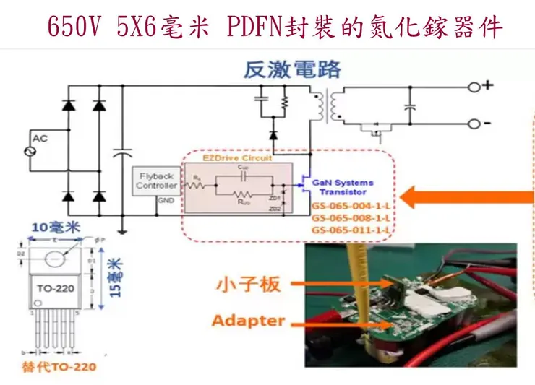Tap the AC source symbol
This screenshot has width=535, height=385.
point(32,151)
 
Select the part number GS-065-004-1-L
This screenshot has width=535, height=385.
point(351,205)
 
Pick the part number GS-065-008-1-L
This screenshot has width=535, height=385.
point(351,217)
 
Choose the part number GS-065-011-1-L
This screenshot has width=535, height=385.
point(351,230)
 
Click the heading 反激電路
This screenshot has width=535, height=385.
point(292,70)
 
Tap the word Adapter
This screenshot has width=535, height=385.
point(248,319)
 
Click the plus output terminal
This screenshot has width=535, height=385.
point(476,87)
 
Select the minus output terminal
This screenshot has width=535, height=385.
point(476,124)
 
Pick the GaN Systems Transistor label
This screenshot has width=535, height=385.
point(343,188)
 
